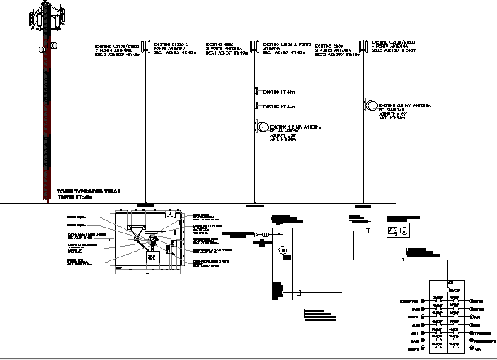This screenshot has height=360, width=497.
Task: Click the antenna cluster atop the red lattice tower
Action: click(51, 15)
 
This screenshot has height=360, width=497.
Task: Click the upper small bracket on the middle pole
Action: click(256, 91)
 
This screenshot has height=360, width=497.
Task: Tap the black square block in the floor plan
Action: click(152, 257)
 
